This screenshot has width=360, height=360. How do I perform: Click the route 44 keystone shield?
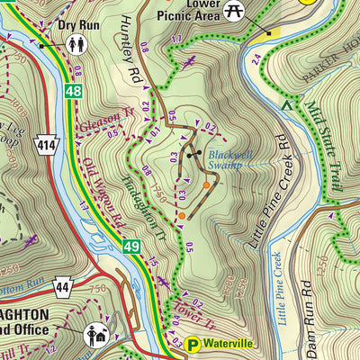61,287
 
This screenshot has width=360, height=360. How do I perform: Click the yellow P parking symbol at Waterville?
193,343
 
